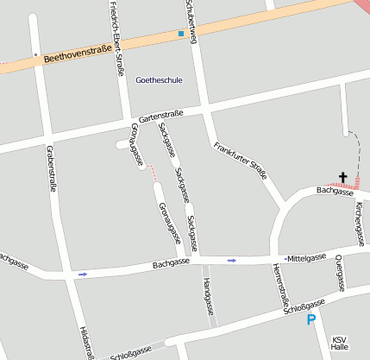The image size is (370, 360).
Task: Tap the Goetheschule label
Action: click(160, 79)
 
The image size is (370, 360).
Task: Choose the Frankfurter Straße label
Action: click(241, 158)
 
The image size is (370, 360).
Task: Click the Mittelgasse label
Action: click(307, 257)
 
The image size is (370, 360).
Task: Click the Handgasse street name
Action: click(208, 296)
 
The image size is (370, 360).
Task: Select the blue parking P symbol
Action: click(311, 320)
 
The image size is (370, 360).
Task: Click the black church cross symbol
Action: click(342, 178)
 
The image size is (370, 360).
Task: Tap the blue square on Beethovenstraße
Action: click(181, 34)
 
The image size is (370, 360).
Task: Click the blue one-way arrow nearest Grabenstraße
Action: click(83, 274)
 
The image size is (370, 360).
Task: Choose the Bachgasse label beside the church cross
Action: click(335, 191)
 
